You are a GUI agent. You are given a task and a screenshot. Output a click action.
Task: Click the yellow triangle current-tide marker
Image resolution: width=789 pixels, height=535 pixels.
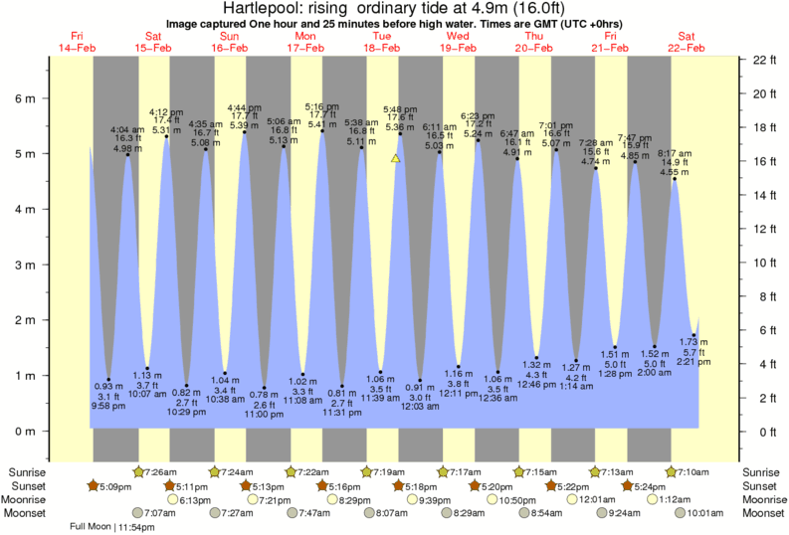coord(396,158)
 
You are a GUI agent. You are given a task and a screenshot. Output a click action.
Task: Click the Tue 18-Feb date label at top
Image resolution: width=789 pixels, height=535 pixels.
coord(382,42)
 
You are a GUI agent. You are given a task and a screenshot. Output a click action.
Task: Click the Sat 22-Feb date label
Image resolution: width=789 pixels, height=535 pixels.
coord(687,42)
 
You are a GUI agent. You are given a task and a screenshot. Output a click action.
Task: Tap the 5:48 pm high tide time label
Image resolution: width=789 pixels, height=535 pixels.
coord(400,109)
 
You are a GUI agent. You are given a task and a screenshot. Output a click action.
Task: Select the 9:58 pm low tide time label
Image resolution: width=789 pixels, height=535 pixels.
coord(108,406)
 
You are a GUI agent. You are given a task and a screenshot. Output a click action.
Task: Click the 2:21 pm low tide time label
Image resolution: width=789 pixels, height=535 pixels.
coord(693,362)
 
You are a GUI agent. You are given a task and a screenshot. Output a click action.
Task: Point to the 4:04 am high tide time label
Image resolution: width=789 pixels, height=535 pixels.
coord(126,130)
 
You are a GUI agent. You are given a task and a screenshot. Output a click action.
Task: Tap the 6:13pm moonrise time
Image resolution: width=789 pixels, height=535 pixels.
coord(195,499)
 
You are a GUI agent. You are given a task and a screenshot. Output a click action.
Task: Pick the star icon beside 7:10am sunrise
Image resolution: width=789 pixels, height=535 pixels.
coord(672,470)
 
